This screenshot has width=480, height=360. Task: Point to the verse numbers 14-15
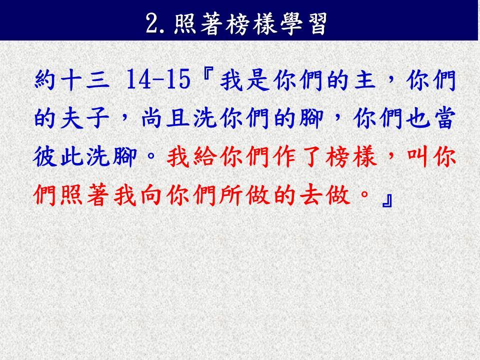coord(158,79)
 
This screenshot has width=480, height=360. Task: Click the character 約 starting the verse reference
coord(45,79)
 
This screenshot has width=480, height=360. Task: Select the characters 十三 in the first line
coord(85,79)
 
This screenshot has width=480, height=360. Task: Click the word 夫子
coord(85,118)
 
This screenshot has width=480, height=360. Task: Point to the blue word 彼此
coord(58,156)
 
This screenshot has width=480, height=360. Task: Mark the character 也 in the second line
coord(418,118)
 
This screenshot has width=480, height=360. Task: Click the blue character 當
coord(444,118)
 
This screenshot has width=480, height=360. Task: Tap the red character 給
coord(205,156)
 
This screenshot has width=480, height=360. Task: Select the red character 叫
coord(418,156)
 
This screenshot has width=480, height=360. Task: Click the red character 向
coord(151,195)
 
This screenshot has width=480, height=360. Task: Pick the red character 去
coord(311,195)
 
